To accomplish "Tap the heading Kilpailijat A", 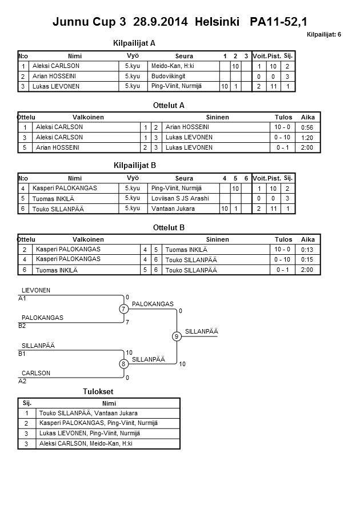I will (x=134, y=43).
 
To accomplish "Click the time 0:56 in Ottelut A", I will (x=307, y=127).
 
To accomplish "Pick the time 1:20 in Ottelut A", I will (x=307, y=138).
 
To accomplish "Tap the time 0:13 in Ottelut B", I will (x=307, y=250).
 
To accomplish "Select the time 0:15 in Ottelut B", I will (x=307, y=260).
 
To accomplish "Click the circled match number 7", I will (x=123, y=309).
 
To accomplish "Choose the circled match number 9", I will (x=177, y=336).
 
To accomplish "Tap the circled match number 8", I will (x=123, y=364).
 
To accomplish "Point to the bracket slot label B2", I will (x=22, y=326).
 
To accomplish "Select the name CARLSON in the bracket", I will (x=36, y=373).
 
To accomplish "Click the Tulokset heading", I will (x=98, y=391).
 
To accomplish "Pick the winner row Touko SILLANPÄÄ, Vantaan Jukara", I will (x=88, y=413).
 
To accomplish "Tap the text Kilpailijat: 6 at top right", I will (x=323, y=35).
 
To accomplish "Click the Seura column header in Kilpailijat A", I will (x=184, y=56).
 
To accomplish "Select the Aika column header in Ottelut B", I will (x=308, y=239).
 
